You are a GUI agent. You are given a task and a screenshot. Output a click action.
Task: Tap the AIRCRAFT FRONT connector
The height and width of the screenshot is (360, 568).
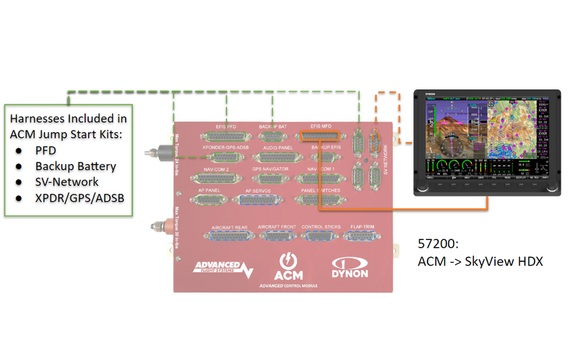(276, 236)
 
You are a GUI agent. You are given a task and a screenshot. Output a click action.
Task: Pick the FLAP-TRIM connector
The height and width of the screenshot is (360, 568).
(361, 236)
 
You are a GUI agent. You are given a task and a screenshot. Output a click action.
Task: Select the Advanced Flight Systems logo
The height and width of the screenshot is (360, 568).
(223, 268)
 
